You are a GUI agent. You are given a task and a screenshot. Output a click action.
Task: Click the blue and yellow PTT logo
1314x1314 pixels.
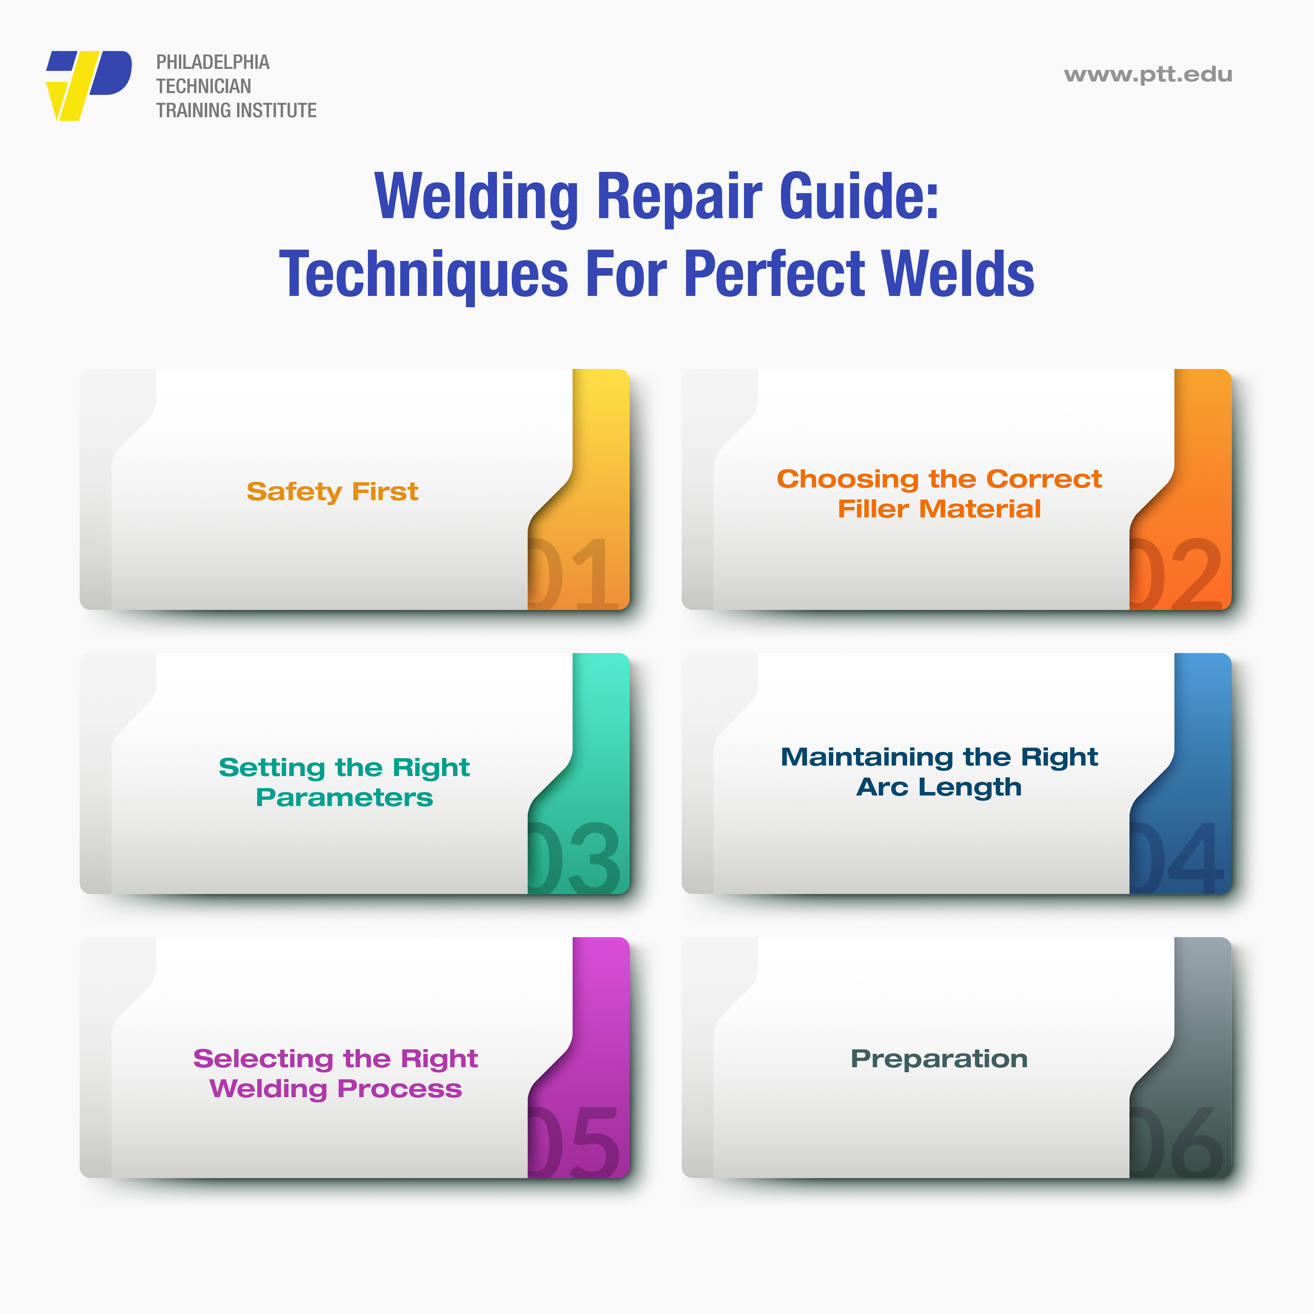88,86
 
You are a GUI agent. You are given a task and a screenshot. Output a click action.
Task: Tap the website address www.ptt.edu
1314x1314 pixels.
1148,75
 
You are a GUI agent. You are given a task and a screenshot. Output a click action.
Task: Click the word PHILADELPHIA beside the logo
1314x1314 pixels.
213,63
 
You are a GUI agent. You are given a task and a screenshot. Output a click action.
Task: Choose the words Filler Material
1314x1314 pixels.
939,509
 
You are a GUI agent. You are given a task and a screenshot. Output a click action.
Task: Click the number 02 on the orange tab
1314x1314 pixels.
1176,573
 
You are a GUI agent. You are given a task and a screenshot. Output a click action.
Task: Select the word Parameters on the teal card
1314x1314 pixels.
344,797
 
